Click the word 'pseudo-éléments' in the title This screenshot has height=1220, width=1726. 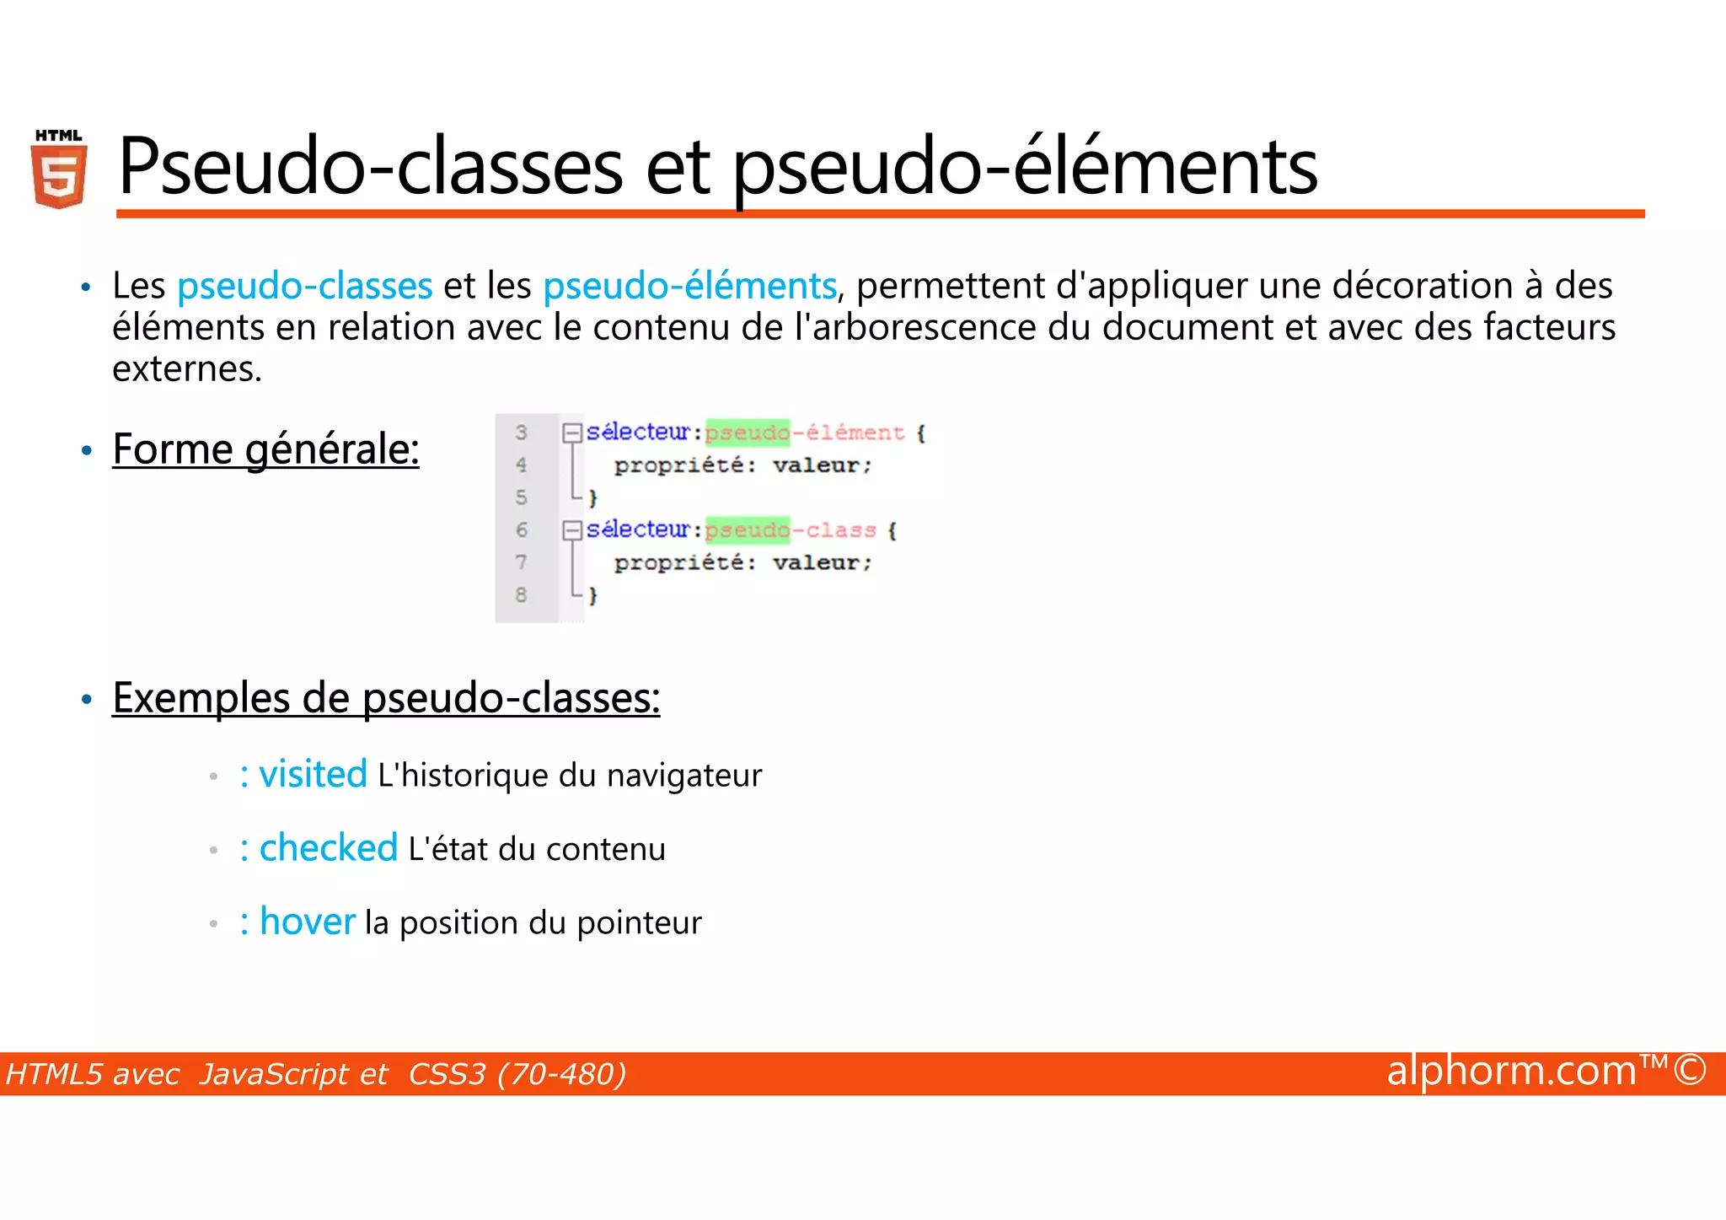pyautogui.click(x=1024, y=167)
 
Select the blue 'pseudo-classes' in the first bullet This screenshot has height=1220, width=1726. pyautogui.click(x=304, y=286)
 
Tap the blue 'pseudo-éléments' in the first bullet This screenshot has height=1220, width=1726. pyautogui.click(x=689, y=286)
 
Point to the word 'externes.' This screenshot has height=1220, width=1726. pyautogui.click(x=187, y=368)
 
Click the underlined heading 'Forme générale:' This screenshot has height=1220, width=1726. pyautogui.click(x=265, y=449)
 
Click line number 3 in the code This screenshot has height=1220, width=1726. pyautogui.click(x=521, y=433)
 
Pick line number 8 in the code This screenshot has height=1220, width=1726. pyautogui.click(x=521, y=594)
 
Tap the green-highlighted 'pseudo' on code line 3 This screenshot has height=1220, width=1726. pyautogui.click(x=748, y=433)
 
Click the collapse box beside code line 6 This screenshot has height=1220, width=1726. pyautogui.click(x=572, y=529)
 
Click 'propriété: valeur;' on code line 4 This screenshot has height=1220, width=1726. pyautogui.click(x=742, y=465)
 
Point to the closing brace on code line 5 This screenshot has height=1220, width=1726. pyautogui.click(x=592, y=497)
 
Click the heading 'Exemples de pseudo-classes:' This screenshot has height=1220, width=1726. pyautogui.click(x=386, y=698)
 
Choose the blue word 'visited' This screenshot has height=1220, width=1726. pyautogui.click(x=313, y=774)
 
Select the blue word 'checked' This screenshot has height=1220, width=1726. pyautogui.click(x=328, y=848)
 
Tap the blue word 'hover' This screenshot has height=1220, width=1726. pyautogui.click(x=308, y=922)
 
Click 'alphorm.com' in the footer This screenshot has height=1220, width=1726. pyautogui.click(x=1511, y=1072)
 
